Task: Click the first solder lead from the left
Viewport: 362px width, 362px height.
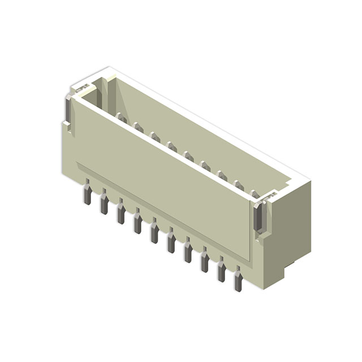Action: (87, 193)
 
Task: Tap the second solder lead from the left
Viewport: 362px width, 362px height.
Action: (104, 203)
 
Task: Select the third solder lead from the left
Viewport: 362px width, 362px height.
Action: (121, 213)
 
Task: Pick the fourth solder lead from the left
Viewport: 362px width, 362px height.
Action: (137, 222)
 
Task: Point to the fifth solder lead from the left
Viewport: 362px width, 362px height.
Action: (154, 232)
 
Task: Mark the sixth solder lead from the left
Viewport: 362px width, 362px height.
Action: (171, 242)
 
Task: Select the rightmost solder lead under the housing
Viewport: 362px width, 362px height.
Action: (238, 280)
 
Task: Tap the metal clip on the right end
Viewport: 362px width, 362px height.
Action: (258, 218)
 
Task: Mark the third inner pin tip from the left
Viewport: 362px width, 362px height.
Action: (155, 136)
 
